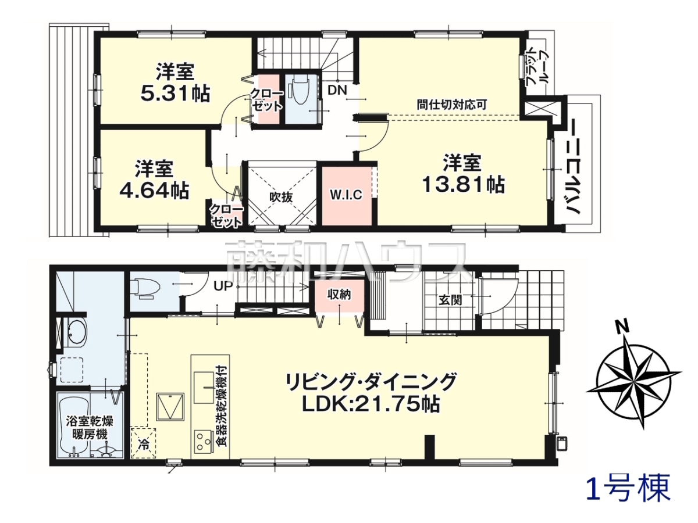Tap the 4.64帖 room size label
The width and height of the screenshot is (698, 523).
(154, 190)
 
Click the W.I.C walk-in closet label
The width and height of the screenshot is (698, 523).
(346, 195)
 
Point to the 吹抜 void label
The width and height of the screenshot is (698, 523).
(281, 198)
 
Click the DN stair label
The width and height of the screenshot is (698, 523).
(337, 91)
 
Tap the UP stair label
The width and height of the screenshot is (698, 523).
(223, 286)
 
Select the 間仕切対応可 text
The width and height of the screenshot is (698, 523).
(452, 105)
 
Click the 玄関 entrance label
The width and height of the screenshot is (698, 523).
(450, 300)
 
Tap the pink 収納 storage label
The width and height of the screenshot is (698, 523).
(339, 295)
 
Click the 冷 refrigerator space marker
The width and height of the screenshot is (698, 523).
(144, 445)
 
